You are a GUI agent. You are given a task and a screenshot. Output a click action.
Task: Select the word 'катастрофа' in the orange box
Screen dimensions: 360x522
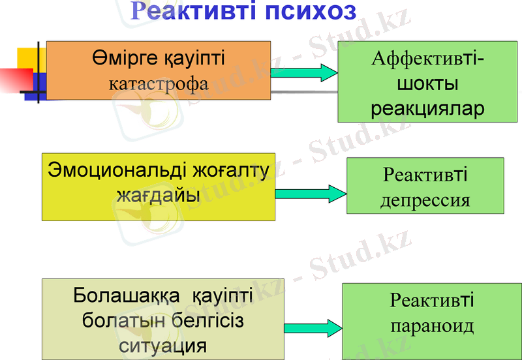pyautogui.click(x=159, y=83)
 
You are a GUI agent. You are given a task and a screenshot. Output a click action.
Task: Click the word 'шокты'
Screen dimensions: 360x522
pyautogui.click(x=427, y=84)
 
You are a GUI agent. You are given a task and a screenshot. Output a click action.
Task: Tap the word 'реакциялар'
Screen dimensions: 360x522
pyautogui.click(x=427, y=108)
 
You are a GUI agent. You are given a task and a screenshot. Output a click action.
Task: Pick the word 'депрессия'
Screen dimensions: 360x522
pyautogui.click(x=425, y=199)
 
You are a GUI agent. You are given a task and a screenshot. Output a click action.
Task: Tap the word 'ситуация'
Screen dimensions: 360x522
pyautogui.click(x=164, y=344)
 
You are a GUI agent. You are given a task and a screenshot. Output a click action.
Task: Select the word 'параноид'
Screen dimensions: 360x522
pyautogui.click(x=431, y=325)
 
